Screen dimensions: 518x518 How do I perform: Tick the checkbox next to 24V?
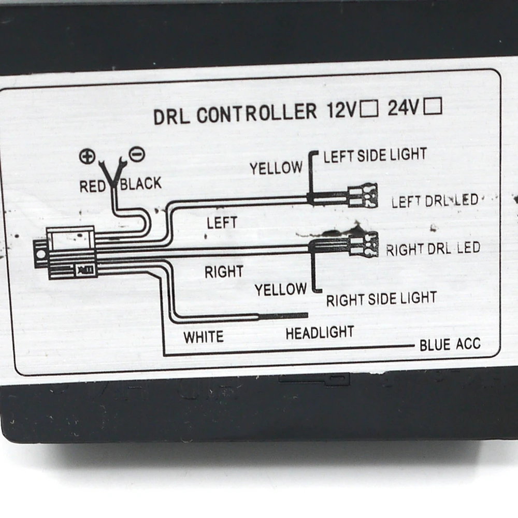433,106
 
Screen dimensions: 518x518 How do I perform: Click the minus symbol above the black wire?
139,154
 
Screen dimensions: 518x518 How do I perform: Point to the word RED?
93,186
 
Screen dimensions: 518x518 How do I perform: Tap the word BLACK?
140,183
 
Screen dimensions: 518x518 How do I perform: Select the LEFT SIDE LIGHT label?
375,155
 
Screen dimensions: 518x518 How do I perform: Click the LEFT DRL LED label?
435,200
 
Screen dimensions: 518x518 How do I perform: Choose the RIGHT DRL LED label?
433,249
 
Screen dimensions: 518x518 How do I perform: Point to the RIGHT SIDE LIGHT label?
381,298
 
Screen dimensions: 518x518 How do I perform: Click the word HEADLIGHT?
320,333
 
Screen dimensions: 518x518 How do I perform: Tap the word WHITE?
204,337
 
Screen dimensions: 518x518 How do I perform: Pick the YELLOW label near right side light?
280,290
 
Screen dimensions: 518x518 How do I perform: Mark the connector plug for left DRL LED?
362,195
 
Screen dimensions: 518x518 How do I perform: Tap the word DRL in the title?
171,117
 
